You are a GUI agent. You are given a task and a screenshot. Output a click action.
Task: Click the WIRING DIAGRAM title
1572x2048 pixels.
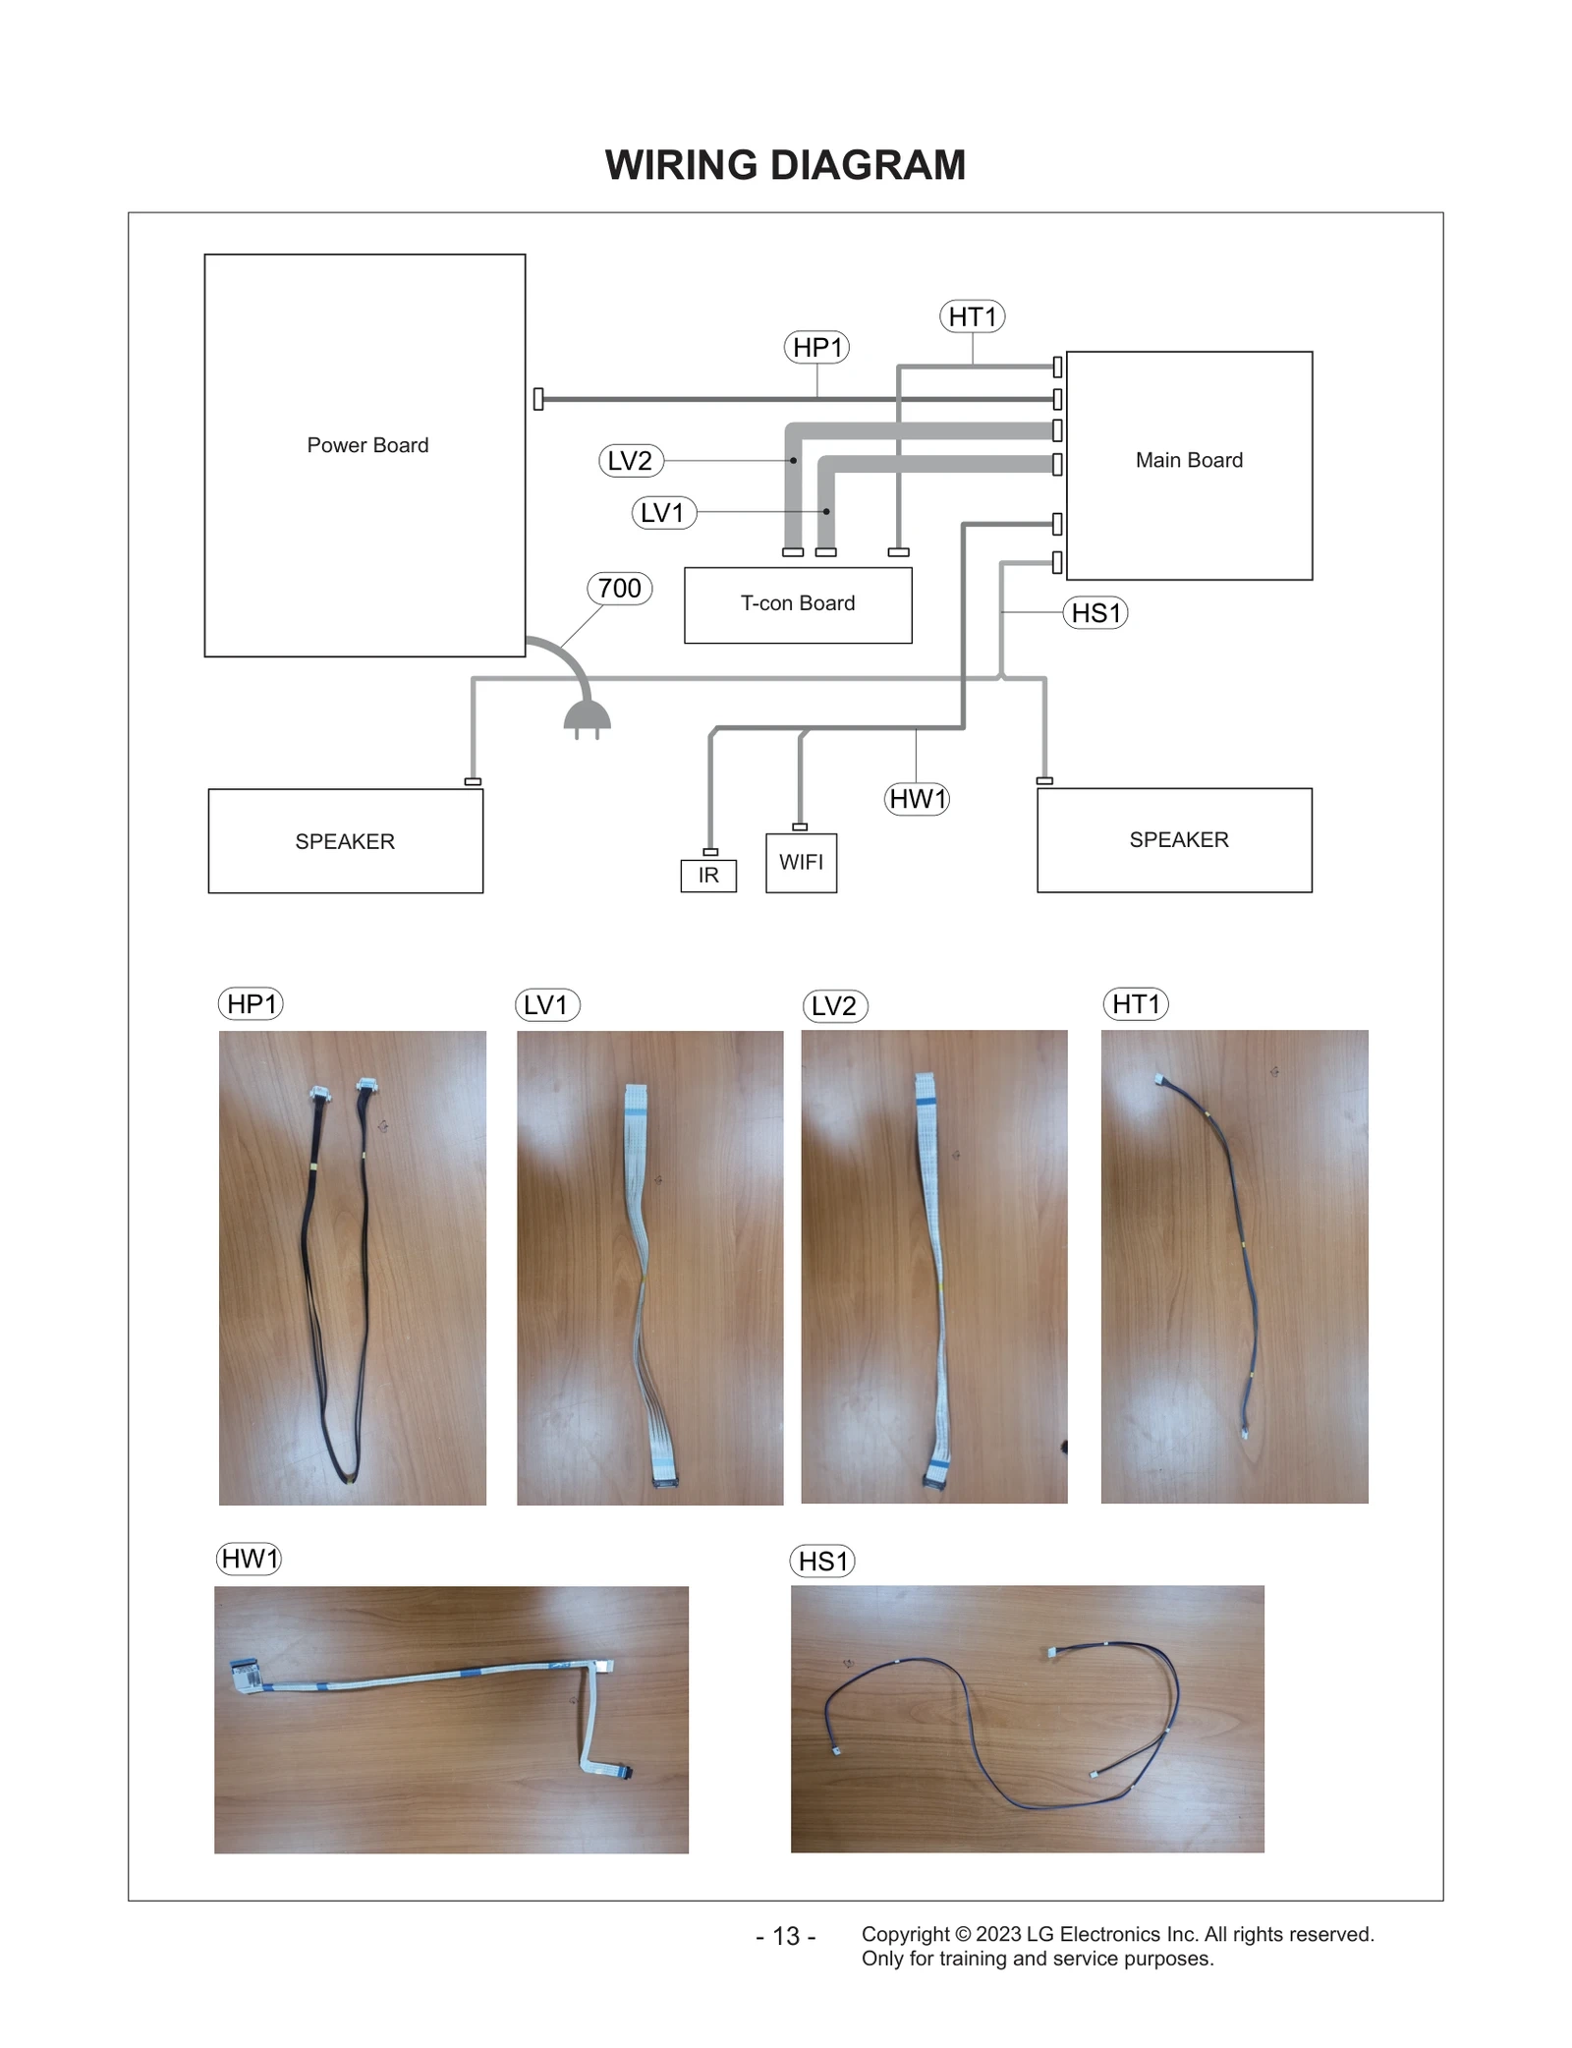click(x=785, y=165)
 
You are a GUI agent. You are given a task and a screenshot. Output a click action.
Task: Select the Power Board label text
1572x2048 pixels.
click(x=367, y=445)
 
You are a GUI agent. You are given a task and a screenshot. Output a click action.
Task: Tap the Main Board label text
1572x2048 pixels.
click(x=1189, y=460)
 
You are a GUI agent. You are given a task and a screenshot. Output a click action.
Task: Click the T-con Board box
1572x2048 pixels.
click(x=798, y=604)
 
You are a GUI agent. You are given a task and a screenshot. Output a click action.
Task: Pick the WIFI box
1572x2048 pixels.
click(x=801, y=863)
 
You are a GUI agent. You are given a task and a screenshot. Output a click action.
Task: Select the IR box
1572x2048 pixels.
click(x=708, y=875)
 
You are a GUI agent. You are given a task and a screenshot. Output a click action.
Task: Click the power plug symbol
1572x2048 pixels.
click(x=587, y=719)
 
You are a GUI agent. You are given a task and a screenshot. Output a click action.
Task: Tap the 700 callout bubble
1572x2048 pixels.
click(x=619, y=588)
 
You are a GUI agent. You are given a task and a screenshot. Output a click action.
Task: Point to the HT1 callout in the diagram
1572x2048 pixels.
click(x=972, y=316)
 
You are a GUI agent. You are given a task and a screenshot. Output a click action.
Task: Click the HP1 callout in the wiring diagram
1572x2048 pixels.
click(x=816, y=347)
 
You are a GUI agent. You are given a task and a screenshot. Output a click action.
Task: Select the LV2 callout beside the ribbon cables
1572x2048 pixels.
click(x=631, y=460)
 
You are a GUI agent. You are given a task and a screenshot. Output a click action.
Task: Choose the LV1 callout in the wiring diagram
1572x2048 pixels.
click(x=663, y=512)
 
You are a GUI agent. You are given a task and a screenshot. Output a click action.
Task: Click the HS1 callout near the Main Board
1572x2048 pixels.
click(x=1095, y=613)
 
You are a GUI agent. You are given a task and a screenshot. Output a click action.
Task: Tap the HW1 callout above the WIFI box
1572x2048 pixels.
click(x=917, y=798)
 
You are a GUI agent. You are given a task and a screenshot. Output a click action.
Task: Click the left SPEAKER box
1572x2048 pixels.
click(x=345, y=841)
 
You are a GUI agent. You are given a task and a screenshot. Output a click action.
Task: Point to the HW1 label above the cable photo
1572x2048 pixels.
click(x=250, y=1559)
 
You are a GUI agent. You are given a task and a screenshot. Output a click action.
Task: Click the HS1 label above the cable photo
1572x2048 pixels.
click(x=822, y=1561)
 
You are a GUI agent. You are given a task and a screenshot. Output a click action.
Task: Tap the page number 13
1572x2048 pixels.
click(x=786, y=1936)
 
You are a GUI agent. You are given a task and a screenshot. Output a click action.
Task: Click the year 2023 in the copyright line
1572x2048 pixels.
click(x=998, y=1934)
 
